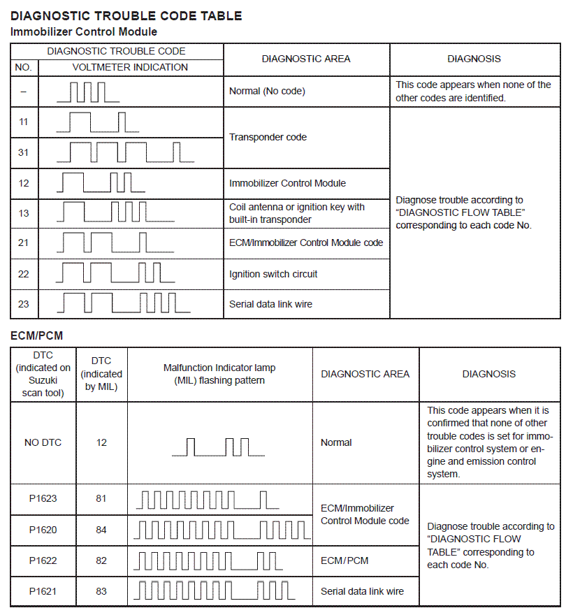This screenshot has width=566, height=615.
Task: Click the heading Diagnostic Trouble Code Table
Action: [x=126, y=15]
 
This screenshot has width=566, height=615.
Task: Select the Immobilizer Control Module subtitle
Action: [x=84, y=31]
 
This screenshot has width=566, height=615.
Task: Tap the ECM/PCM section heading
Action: [x=36, y=336]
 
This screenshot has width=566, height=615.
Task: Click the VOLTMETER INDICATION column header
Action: [x=130, y=68]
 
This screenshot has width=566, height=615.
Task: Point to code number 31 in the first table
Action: [x=24, y=152]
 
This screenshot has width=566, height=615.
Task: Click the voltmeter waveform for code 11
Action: [x=98, y=122]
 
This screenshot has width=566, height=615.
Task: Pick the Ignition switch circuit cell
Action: [x=273, y=274]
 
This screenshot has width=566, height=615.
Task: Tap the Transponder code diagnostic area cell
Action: [x=268, y=137]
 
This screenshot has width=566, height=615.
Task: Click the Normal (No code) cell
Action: [x=267, y=91]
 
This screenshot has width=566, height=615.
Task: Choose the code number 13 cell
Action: [x=24, y=213]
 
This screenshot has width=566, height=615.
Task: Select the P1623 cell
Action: [x=43, y=499]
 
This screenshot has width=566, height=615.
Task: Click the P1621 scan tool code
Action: [x=43, y=591]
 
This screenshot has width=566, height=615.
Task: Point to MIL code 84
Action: [x=101, y=530]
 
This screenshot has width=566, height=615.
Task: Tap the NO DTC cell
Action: [x=43, y=442]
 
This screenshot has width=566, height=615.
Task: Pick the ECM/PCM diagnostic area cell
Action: [x=344, y=560]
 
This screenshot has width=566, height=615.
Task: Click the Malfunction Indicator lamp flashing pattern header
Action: [x=219, y=374]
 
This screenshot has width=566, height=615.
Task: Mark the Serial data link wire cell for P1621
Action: [x=362, y=591]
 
